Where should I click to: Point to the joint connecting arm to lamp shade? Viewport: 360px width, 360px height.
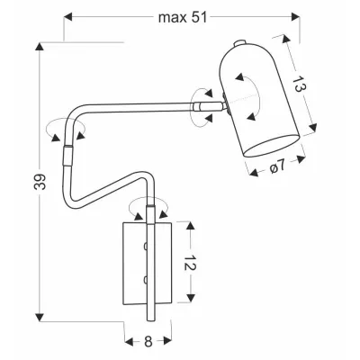(210, 105)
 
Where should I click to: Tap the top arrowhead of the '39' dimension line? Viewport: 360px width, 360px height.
(38, 45)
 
